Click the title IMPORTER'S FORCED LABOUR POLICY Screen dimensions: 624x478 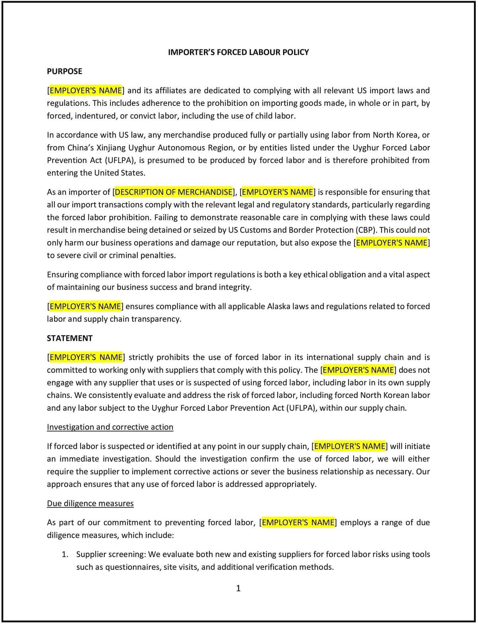coord(238,52)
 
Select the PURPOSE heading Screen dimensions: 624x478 coord(65,71)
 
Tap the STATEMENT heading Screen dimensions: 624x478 coord(70,338)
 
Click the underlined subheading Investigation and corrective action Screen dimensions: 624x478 coord(110,427)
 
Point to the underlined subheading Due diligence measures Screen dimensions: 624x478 coord(90,503)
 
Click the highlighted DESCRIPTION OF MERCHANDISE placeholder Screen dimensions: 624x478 coord(174,192)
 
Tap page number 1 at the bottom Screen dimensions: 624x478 coord(238,588)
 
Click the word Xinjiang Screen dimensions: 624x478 coord(111,148)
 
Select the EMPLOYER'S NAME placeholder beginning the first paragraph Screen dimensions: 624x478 coord(86,90)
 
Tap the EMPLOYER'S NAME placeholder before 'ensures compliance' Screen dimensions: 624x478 coord(85,306)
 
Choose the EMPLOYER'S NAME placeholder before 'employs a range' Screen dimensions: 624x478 coord(298,522)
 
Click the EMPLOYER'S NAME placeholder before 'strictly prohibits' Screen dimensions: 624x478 coord(86,357)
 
